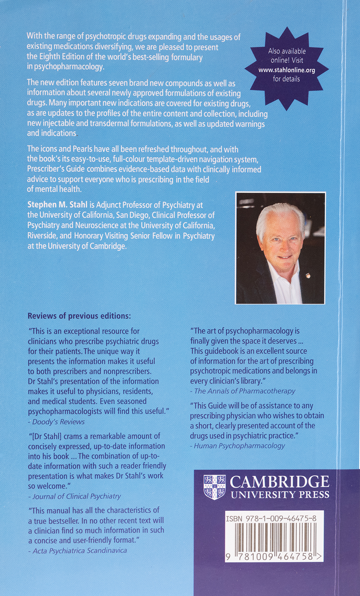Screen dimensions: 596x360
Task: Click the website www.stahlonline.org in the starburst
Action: pyautogui.click(x=286, y=70)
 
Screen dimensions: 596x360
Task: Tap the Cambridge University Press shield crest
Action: pyautogui.click(x=214, y=487)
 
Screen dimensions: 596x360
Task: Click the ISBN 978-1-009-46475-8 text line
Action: pyautogui.click(x=270, y=518)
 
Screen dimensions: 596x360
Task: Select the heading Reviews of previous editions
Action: pyautogui.click(x=79, y=316)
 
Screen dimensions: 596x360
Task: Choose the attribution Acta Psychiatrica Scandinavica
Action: pyautogui.click(x=80, y=550)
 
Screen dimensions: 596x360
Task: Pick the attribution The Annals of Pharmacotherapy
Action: pyautogui.click(x=245, y=391)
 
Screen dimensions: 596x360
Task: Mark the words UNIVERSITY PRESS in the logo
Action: pyautogui.click(x=280, y=495)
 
